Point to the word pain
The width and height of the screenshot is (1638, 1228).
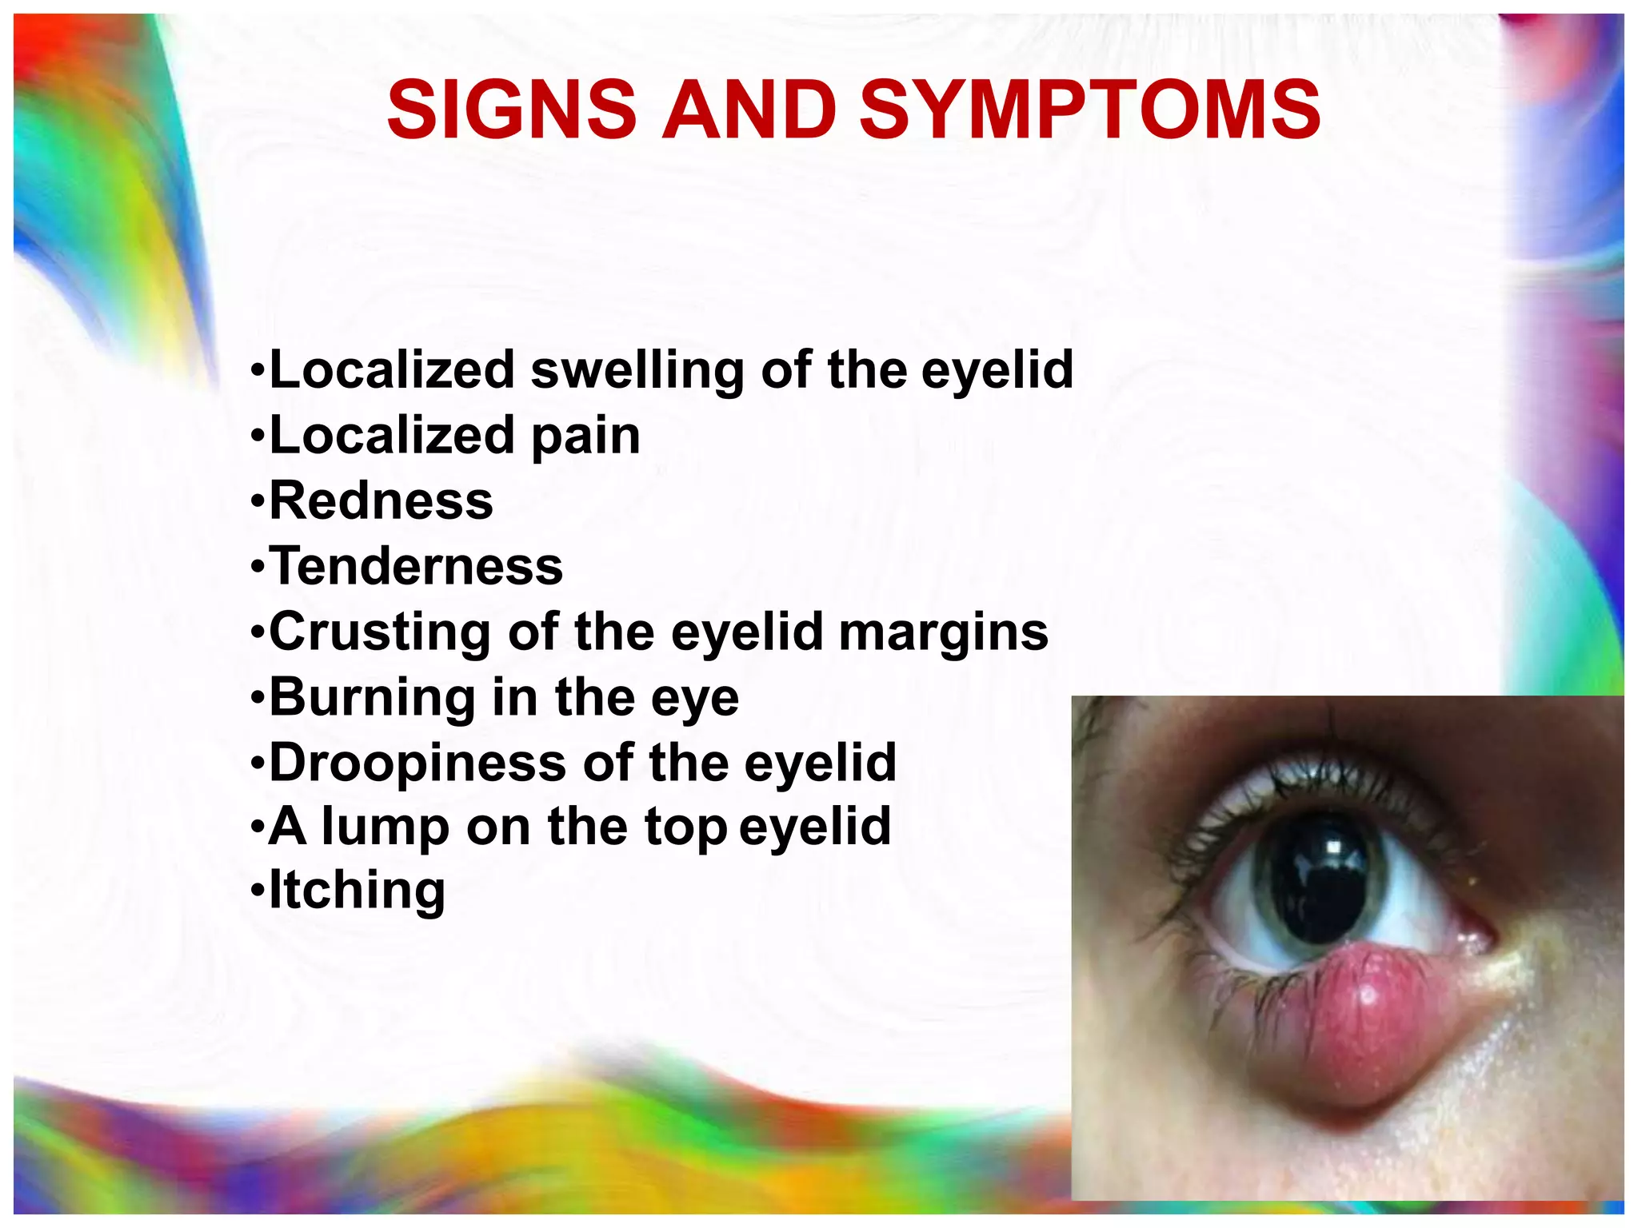coord(585,437)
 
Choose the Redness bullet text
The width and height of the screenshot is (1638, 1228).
coord(382,501)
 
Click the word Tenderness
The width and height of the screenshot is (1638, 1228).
coord(416,567)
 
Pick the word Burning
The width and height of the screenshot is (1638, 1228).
coord(372,698)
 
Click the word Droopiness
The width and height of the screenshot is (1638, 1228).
coord(417,764)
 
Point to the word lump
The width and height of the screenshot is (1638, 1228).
coord(386,827)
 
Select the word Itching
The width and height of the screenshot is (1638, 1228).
coord(357,891)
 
